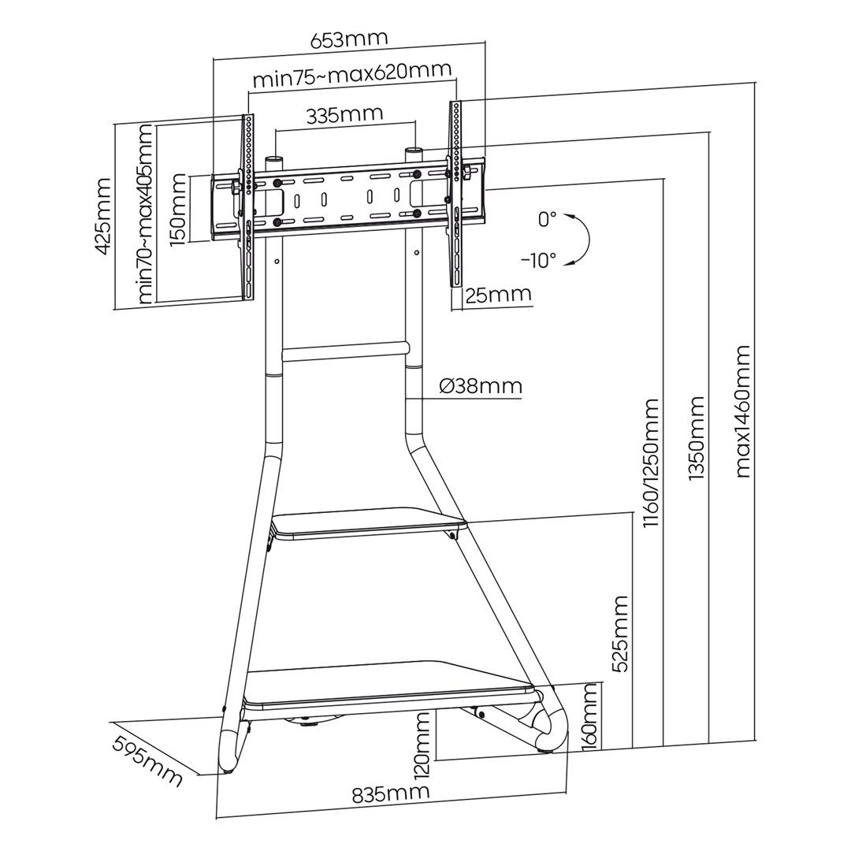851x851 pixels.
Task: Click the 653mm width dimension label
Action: (349, 39)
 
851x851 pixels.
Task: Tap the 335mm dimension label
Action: (344, 114)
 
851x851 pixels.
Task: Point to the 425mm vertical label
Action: (102, 216)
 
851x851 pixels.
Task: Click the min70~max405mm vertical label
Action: (145, 214)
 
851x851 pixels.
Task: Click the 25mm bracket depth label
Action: (497, 295)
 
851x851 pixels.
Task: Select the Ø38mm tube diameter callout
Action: (480, 386)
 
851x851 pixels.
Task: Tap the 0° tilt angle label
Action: (547, 220)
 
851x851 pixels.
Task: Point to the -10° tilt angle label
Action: (538, 260)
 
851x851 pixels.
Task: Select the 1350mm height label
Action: (697, 438)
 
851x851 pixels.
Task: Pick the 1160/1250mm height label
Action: (651, 463)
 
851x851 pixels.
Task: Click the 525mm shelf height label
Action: (621, 633)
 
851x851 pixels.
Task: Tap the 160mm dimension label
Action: (590, 718)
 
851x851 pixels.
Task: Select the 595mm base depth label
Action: (147, 761)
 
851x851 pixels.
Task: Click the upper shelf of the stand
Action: (368, 525)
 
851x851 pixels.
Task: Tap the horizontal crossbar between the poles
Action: (345, 351)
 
